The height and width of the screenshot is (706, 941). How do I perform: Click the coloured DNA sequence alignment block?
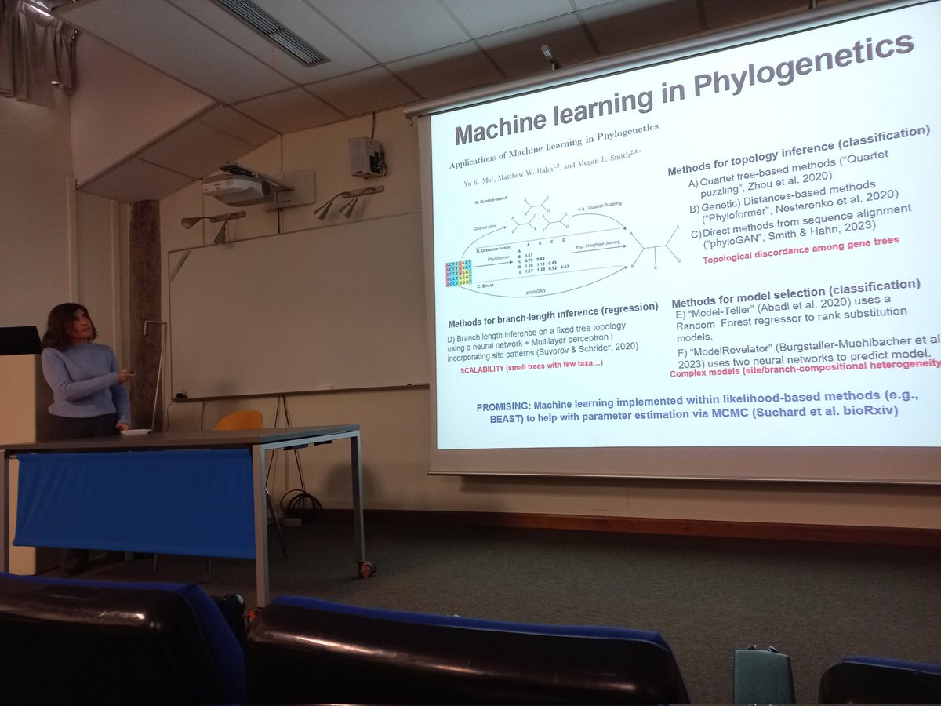pyautogui.click(x=460, y=277)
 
